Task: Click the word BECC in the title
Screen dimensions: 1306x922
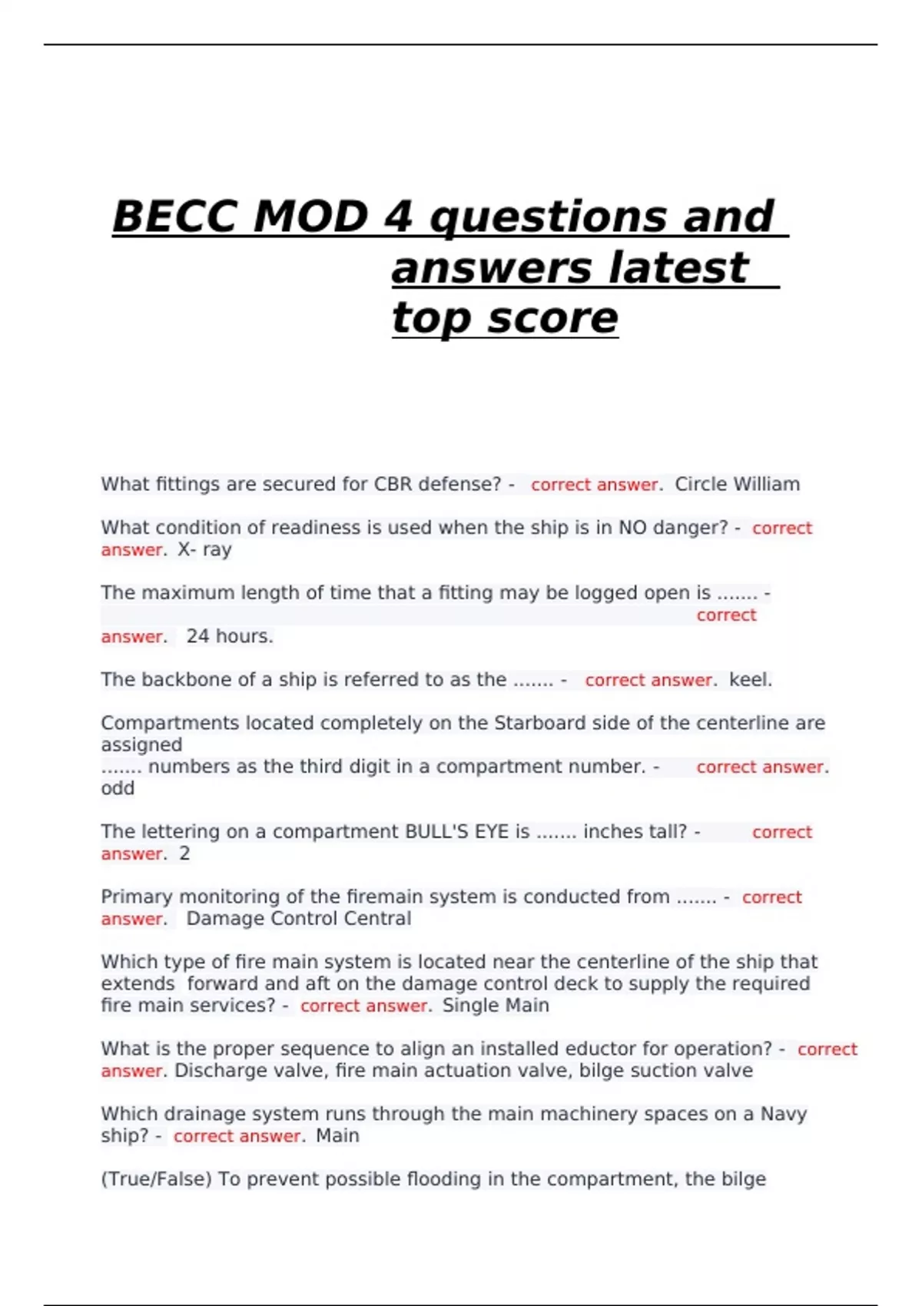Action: [175, 217]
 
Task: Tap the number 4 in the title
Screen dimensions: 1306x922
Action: [398, 217]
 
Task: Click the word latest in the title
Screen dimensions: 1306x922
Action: [677, 268]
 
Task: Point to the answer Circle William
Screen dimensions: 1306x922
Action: [737, 484]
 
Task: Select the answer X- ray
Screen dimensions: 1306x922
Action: [204, 549]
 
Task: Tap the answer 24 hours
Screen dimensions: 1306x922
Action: [229, 636]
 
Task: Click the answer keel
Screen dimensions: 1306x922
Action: [750, 680]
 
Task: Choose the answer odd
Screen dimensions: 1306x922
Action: [118, 788]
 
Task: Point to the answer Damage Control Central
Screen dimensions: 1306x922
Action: [298, 919]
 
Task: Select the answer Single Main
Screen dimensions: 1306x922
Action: [496, 1006]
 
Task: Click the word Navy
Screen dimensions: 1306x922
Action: [783, 1114]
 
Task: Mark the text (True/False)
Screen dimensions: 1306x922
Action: [156, 1179]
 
